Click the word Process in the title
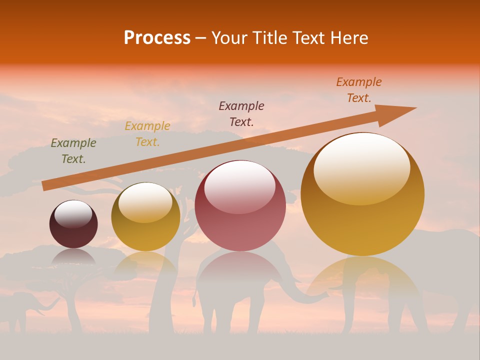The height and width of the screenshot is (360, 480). (157, 38)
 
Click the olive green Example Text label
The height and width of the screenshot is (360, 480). (73, 151)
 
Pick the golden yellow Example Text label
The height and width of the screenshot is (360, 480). (147, 134)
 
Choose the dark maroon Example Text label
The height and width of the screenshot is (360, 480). (241, 113)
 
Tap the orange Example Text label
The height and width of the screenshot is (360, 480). (359, 90)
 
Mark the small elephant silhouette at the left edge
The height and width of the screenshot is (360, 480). (22, 307)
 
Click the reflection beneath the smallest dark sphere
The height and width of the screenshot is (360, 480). (73, 257)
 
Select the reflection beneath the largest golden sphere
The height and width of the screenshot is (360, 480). (362, 280)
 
